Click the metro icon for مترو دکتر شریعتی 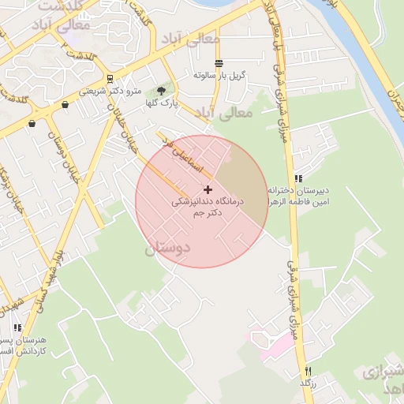(x=109, y=79)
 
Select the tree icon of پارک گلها (x=163, y=91)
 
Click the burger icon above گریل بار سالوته (x=219, y=62)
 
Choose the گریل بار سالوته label (x=221, y=75)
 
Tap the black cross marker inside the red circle (x=208, y=189)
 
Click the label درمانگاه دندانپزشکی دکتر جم (x=209, y=207)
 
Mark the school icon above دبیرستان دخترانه (x=298, y=178)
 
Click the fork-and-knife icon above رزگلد (x=308, y=371)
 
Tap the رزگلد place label (x=308, y=383)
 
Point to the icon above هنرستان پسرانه (x=17, y=327)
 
